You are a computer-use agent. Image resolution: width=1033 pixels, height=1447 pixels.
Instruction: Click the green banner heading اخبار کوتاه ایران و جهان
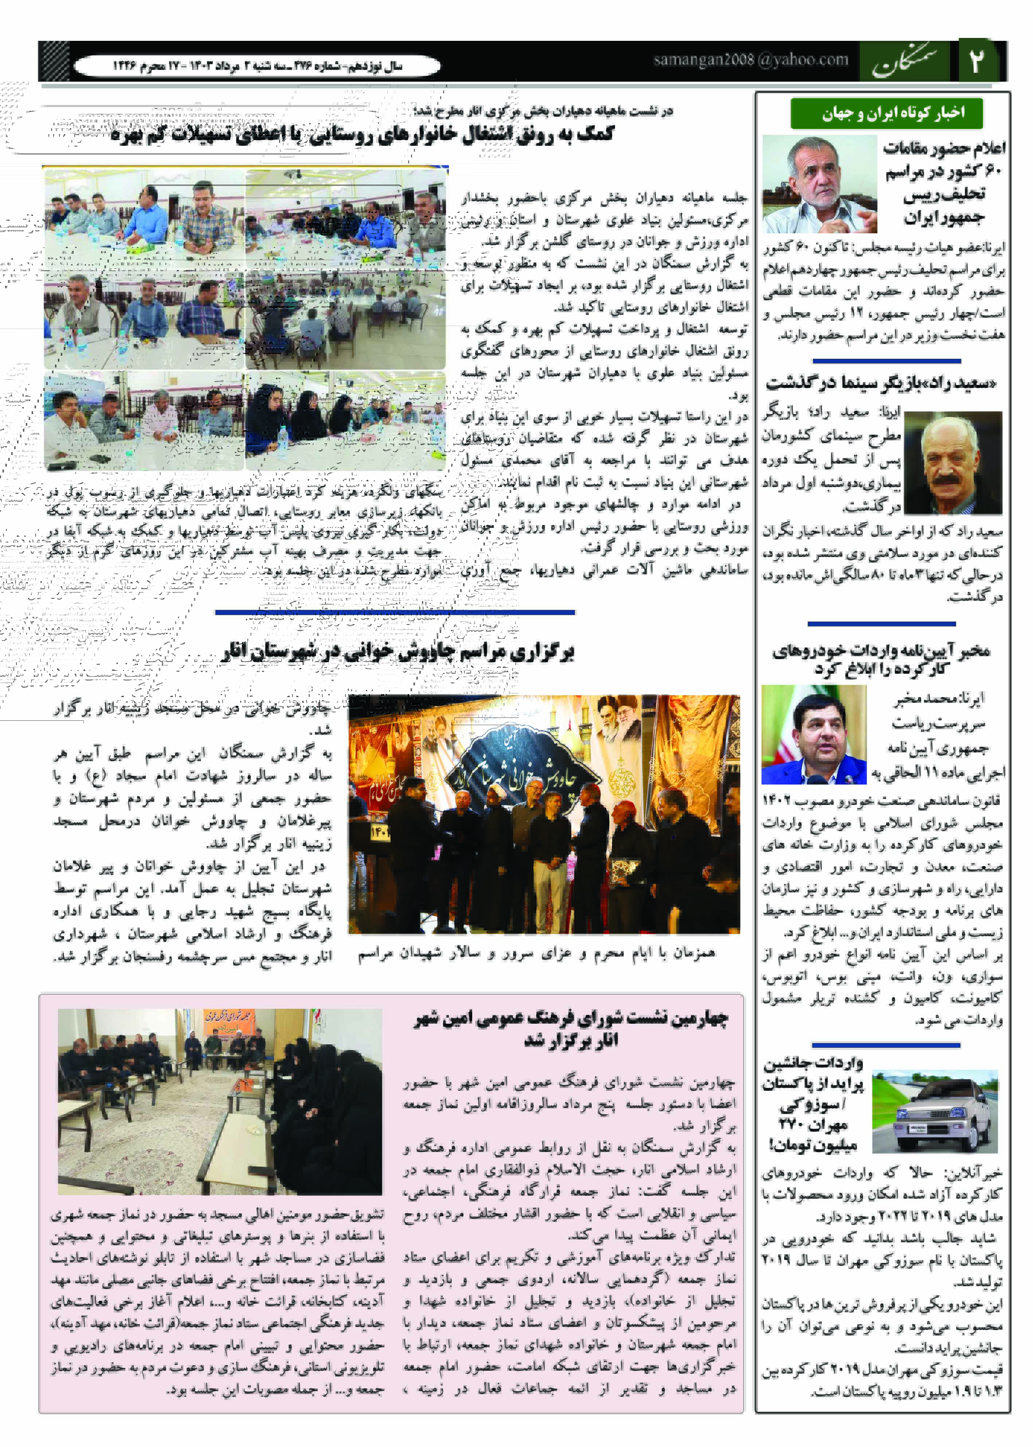pyautogui.click(x=886, y=113)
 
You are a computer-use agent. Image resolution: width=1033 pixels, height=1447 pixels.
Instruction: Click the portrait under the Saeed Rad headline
pyautogui.click(x=952, y=463)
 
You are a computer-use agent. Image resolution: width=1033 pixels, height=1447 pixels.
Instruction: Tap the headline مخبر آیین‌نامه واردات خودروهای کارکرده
pyautogui.click(x=881, y=659)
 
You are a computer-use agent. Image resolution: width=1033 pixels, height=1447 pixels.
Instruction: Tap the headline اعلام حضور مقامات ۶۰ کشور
pyautogui.click(x=944, y=183)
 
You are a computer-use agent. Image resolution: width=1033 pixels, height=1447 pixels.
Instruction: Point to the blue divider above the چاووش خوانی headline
pyautogui.click(x=394, y=612)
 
